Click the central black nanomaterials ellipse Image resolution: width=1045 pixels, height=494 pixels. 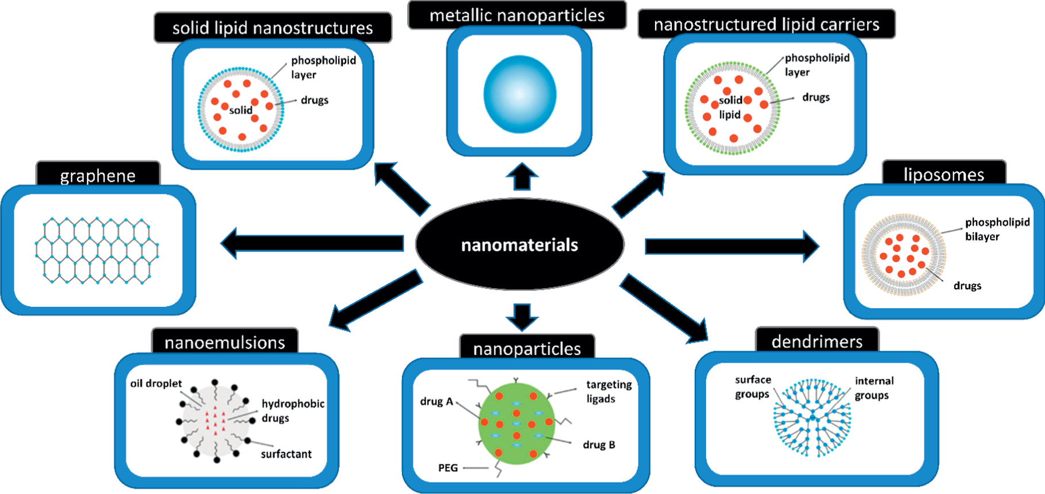[520, 245]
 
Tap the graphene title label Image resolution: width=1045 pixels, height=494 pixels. [98, 175]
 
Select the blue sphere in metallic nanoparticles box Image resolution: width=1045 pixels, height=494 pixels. [520, 94]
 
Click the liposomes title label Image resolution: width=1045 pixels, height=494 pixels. [943, 174]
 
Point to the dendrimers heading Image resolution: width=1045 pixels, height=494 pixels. [816, 341]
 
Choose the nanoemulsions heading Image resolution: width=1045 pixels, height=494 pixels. [225, 343]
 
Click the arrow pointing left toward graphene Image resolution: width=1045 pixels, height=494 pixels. [313, 243]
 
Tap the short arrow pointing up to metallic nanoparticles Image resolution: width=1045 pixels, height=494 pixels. [522, 177]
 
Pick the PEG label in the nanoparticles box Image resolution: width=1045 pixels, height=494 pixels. [448, 468]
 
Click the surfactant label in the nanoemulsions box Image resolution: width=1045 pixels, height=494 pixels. [286, 454]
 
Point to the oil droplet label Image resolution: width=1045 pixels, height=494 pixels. [156, 383]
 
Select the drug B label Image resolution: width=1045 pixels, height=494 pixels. [599, 445]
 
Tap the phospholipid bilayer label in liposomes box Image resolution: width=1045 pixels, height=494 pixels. [997, 229]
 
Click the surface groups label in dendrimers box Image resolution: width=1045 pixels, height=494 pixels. [752, 387]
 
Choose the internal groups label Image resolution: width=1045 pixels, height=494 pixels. [873, 388]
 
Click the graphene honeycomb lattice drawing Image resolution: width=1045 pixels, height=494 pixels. [97, 250]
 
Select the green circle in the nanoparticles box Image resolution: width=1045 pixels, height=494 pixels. [517, 424]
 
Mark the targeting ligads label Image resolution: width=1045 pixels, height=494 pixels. [608, 391]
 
